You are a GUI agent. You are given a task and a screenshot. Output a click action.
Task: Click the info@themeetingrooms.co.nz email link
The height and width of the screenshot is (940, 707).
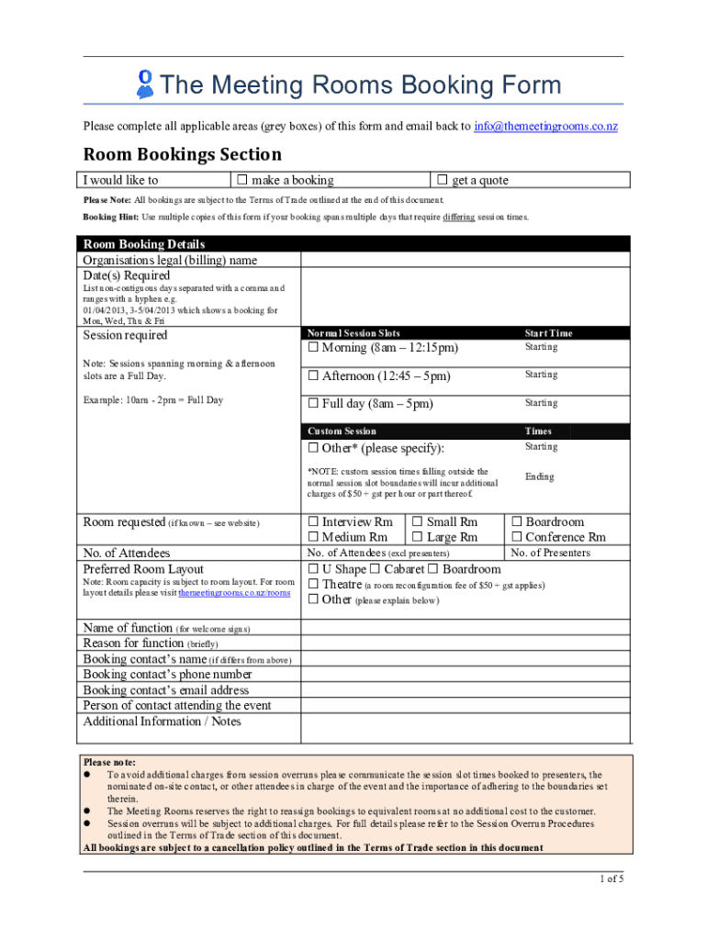tap(545, 126)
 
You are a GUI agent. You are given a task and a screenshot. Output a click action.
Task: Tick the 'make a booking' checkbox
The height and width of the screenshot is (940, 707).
tap(242, 180)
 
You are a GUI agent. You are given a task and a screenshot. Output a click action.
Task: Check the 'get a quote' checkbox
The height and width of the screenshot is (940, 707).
tap(443, 180)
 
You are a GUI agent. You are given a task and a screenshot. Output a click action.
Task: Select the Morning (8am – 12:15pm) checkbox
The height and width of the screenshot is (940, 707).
tap(313, 348)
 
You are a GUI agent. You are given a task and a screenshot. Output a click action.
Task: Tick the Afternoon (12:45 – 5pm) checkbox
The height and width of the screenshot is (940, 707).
tap(313, 376)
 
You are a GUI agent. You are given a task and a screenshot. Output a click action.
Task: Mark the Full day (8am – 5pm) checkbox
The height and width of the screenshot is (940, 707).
tap(313, 404)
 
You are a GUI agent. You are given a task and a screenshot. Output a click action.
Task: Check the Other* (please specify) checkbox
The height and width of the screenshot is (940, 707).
tap(313, 448)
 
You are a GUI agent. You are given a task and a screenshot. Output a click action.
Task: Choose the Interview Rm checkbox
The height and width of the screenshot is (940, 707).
tap(313, 522)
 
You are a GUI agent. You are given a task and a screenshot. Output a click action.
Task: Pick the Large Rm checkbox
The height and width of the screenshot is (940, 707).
tap(418, 537)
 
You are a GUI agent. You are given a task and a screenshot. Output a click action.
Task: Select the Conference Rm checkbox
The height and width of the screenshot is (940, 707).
tap(516, 537)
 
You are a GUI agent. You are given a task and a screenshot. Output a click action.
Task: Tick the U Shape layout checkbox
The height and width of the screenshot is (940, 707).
tap(313, 569)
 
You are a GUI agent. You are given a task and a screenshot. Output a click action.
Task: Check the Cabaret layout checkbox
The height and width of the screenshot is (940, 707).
tap(376, 569)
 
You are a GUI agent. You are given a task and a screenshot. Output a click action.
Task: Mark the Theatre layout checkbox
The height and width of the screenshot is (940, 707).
tap(313, 585)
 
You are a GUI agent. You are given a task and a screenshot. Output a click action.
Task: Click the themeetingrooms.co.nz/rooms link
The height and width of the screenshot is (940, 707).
tap(234, 593)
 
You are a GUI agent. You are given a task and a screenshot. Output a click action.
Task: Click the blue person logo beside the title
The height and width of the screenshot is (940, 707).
tap(144, 84)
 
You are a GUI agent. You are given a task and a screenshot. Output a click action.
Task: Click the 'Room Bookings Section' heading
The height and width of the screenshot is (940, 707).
tap(183, 154)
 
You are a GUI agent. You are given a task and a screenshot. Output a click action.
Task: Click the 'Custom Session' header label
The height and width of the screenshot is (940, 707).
tap(341, 431)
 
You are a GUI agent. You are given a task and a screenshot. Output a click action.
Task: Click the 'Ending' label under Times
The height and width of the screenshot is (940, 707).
tap(540, 476)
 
